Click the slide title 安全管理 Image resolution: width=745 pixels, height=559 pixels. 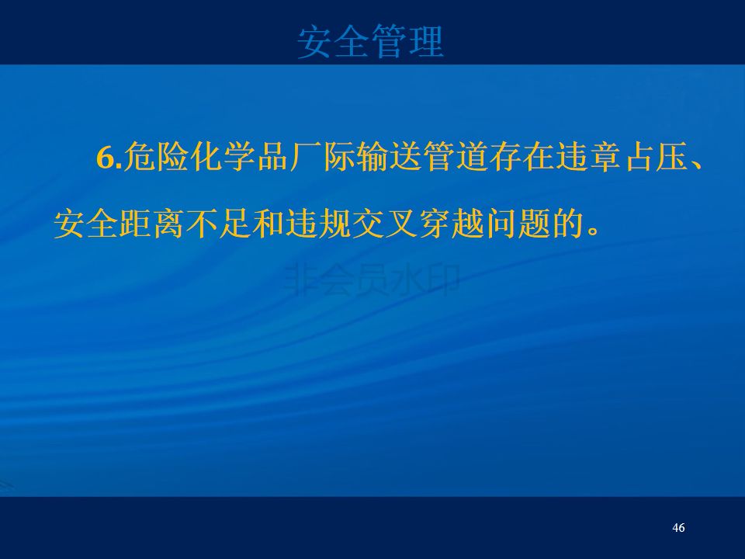[x=371, y=42]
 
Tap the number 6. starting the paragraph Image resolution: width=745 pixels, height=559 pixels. [x=109, y=157]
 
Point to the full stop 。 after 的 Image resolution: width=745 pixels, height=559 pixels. [x=593, y=231]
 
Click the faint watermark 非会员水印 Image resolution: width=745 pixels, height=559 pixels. [x=372, y=280]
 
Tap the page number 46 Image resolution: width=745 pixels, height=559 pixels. [x=678, y=528]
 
